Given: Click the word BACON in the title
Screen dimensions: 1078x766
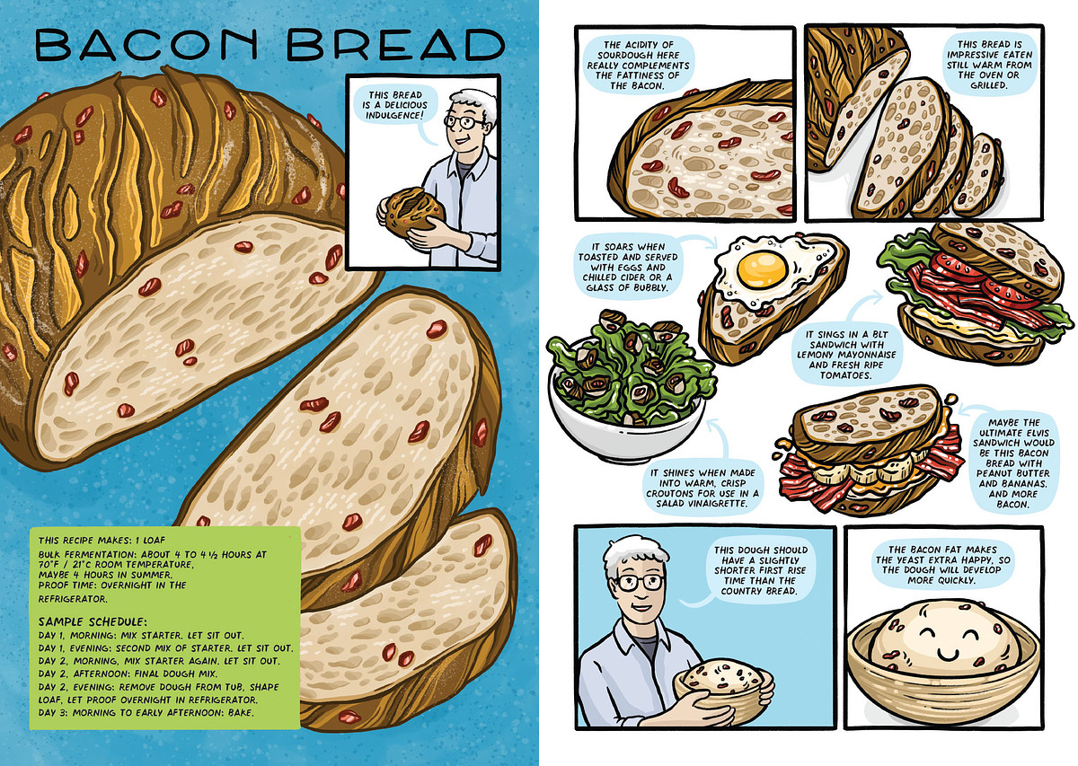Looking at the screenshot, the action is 146,44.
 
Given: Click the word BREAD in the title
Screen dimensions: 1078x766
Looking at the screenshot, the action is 396,44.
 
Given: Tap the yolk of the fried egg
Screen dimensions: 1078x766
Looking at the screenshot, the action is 762,268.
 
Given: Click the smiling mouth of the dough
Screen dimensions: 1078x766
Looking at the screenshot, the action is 945,654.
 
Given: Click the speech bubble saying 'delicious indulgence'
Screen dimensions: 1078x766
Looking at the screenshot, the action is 395,105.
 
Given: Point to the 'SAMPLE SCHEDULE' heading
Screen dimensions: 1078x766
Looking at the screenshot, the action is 93,621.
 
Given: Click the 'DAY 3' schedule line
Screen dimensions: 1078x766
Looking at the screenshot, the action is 146,713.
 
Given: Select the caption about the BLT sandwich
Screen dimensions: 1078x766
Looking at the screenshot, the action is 846,355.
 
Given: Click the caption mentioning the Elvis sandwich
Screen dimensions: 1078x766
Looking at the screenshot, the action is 1012,462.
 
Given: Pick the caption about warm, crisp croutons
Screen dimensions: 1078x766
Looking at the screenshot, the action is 702,488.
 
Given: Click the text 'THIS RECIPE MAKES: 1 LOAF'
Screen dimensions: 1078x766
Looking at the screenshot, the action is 102,541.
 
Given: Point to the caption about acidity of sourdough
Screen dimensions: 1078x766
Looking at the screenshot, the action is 638,65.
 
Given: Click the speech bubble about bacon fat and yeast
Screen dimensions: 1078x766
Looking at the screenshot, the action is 942,564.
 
